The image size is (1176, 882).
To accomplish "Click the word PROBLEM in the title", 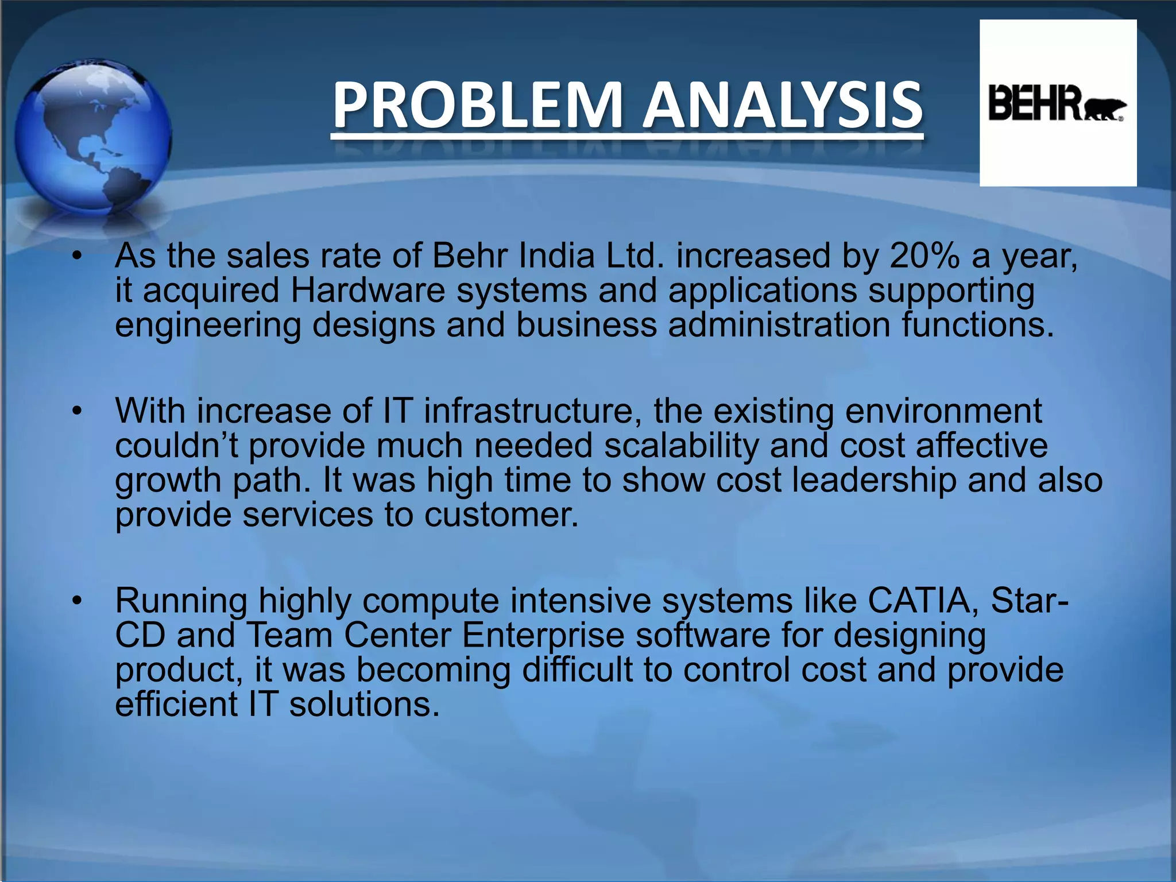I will [x=478, y=106].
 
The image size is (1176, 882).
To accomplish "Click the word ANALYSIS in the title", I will [x=782, y=106].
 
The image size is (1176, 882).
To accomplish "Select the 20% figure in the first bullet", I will [x=924, y=256].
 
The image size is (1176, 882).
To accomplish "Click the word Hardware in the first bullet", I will [x=367, y=291].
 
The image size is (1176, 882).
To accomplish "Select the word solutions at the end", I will [x=363, y=705].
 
